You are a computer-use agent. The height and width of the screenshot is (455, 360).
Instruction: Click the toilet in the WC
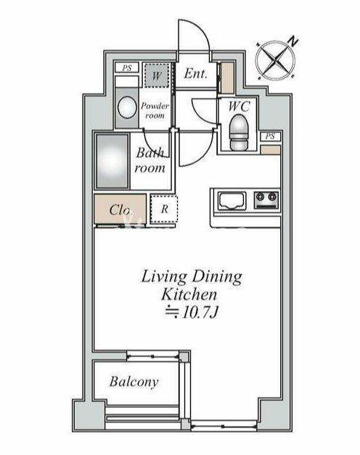click(239, 132)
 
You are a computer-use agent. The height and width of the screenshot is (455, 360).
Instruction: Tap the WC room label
click(239, 106)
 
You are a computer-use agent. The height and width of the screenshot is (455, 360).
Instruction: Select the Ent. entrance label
click(196, 73)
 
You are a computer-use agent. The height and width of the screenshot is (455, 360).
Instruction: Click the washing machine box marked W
click(157, 75)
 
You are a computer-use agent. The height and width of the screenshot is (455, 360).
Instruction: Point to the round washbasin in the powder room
click(127, 107)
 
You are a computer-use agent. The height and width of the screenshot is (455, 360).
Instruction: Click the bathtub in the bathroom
click(112, 161)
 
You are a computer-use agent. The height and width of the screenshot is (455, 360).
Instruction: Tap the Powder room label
click(155, 110)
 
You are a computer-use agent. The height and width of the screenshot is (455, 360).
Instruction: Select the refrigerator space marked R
click(164, 209)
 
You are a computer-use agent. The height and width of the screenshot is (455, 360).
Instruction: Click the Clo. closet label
click(120, 210)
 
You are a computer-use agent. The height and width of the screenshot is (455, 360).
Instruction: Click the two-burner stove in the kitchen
click(266, 200)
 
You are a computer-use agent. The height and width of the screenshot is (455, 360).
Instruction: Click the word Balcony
click(134, 382)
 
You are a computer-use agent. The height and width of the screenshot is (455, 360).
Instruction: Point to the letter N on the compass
click(293, 42)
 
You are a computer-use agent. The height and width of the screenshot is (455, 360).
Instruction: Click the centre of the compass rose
click(275, 60)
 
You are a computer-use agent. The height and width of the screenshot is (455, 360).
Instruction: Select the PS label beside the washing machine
click(126, 68)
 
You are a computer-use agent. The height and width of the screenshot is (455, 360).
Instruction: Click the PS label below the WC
click(270, 136)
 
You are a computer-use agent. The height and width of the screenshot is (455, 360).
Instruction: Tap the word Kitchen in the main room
click(189, 295)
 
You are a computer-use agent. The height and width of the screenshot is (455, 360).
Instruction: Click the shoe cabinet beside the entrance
click(227, 78)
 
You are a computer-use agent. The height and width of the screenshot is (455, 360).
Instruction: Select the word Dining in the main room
click(216, 277)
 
